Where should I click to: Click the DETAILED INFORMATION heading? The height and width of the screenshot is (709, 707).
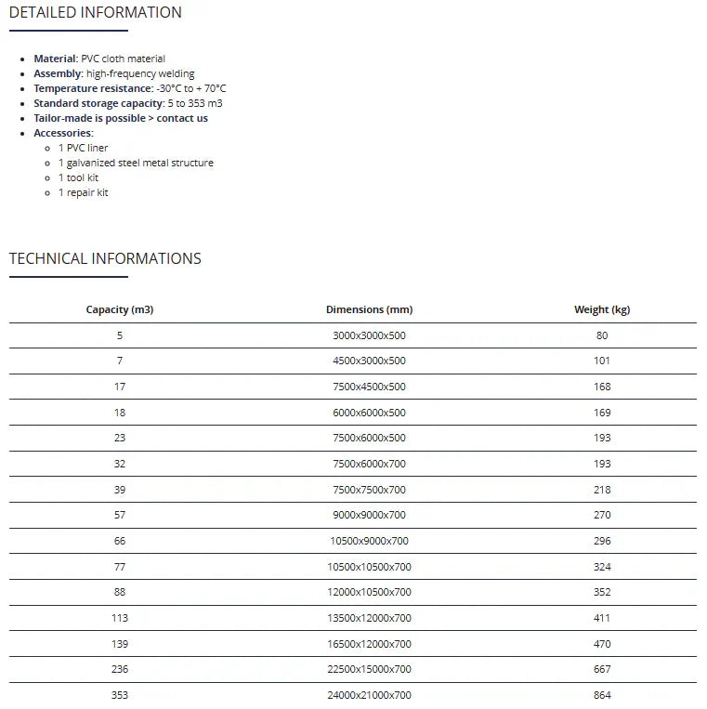coord(96,13)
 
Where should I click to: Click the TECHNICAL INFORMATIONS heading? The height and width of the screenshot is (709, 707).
coord(105,259)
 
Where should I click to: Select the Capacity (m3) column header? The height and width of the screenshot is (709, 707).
coord(120,309)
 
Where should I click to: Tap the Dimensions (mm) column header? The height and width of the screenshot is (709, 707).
coord(369,309)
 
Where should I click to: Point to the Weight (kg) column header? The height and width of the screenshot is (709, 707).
coord(602,309)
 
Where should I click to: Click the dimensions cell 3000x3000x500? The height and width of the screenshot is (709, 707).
coord(369,335)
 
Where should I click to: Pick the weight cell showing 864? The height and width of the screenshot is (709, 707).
coord(602,695)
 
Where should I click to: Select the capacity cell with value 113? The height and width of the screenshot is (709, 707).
coord(120,618)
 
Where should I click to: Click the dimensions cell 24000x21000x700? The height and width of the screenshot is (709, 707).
coord(369,695)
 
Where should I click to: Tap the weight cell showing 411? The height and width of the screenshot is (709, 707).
coord(602,618)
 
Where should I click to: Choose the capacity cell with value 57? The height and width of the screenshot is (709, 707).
coord(120,515)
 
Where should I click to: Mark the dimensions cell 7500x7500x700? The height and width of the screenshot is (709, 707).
coord(369,490)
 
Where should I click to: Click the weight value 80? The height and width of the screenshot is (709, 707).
coord(602,335)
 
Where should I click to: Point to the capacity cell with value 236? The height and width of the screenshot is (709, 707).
coord(120,669)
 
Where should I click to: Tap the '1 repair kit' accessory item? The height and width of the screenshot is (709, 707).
coord(84,192)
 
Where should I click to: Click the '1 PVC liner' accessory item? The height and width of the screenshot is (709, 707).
coord(83,148)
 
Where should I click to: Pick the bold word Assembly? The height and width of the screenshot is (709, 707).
coord(58,73)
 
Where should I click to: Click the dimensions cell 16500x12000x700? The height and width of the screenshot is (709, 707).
coord(369,644)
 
